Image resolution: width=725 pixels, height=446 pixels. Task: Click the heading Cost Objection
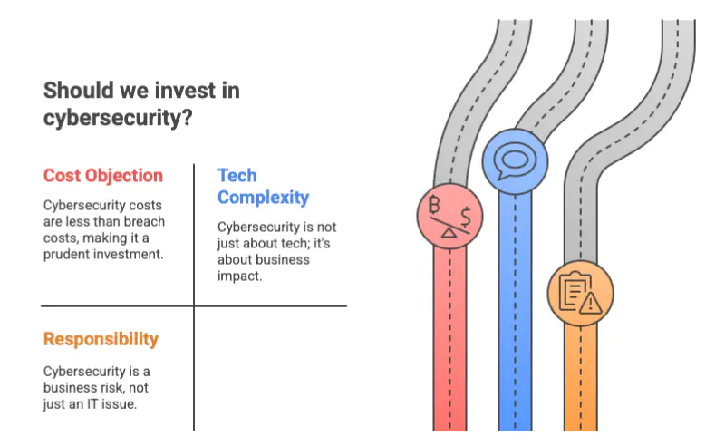(x=103, y=176)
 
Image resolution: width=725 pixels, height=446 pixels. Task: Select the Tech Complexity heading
(x=263, y=187)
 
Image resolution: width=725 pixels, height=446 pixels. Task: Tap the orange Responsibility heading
(x=101, y=339)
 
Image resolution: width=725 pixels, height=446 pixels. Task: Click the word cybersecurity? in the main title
(x=118, y=118)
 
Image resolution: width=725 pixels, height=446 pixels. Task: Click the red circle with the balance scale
(x=449, y=217)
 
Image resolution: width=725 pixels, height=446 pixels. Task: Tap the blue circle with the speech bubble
(x=515, y=161)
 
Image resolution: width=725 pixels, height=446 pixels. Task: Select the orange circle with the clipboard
(x=581, y=294)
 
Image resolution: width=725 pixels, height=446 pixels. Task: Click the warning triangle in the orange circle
(x=591, y=304)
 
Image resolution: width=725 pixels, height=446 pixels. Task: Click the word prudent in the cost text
(x=66, y=255)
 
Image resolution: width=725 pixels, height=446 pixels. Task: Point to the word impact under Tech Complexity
(x=239, y=276)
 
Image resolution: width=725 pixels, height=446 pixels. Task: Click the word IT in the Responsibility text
(x=92, y=404)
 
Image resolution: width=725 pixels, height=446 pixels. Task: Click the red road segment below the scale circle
(x=449, y=340)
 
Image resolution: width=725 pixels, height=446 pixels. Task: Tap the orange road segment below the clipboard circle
(x=581, y=378)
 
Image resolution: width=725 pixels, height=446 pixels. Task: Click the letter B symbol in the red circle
(x=434, y=205)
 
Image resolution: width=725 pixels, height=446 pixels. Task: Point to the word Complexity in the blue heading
(x=263, y=198)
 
